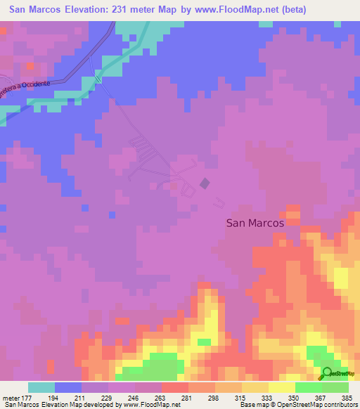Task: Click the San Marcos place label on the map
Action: (x=255, y=222)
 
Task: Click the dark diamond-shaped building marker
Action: (x=205, y=183)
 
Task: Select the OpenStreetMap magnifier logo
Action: (x=328, y=373)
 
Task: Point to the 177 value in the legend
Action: (x=28, y=397)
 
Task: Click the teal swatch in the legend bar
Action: (x=41, y=387)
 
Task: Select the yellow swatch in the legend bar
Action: (x=282, y=387)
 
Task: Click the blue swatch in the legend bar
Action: (x=68, y=387)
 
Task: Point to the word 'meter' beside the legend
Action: (x=11, y=397)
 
